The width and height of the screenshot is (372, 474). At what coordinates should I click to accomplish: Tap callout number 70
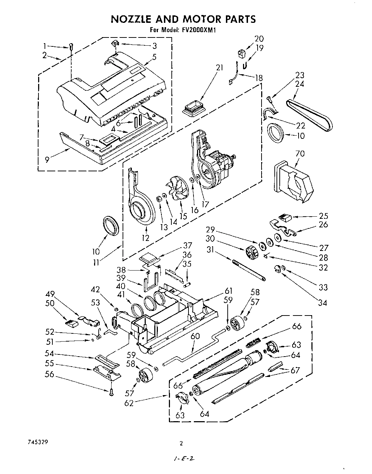click(300, 154)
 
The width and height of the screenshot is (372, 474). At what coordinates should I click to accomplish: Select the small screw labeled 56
click(111, 393)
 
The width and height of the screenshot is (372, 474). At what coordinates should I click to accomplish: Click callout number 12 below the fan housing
click(145, 238)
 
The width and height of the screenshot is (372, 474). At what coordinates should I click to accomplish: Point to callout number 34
click(322, 303)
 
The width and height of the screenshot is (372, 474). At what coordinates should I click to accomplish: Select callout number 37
click(188, 245)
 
